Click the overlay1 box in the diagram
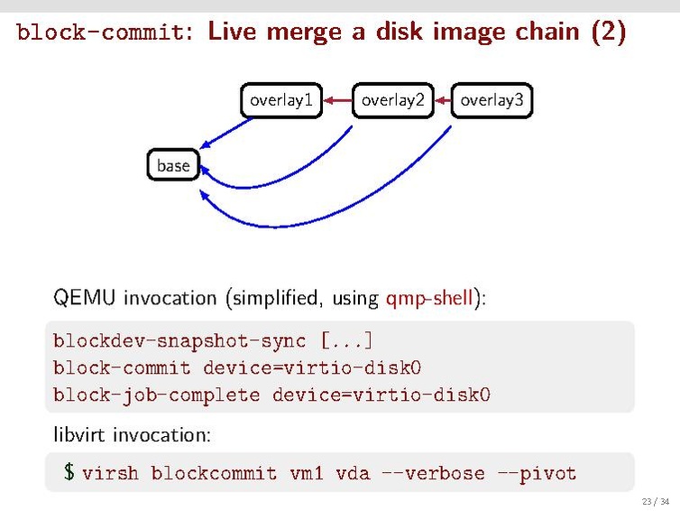[x=280, y=101]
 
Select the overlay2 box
[x=392, y=101]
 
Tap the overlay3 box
[x=492, y=101]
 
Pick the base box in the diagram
[x=173, y=165]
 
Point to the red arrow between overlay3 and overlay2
[x=442, y=101]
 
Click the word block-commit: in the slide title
[x=103, y=33]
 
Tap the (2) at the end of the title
[x=608, y=33]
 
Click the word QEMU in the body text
[x=86, y=298]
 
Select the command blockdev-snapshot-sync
[x=179, y=341]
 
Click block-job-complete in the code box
[x=156, y=395]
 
